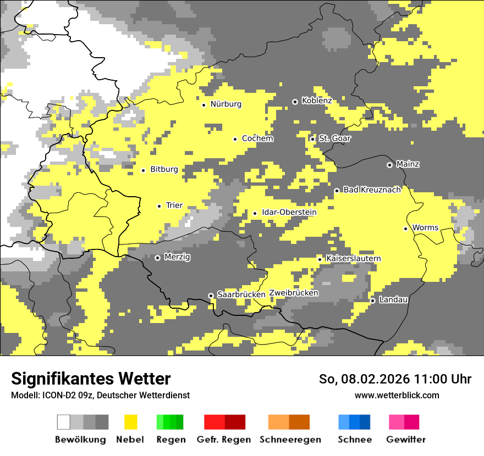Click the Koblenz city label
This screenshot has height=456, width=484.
(x=317, y=101)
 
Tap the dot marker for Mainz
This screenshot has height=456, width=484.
(x=390, y=165)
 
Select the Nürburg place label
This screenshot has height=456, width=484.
(x=226, y=104)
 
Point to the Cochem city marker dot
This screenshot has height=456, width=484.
(x=235, y=139)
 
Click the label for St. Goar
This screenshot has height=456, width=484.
(x=334, y=138)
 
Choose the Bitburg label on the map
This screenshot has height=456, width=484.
(x=164, y=169)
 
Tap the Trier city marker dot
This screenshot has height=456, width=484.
(x=159, y=206)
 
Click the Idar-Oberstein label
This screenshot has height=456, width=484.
(x=289, y=212)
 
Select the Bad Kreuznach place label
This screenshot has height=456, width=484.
(x=372, y=190)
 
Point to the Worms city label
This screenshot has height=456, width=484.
(x=425, y=227)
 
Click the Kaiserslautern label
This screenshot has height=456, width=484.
(x=353, y=258)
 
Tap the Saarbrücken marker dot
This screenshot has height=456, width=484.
(x=211, y=296)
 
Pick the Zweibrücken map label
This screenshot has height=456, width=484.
(x=294, y=293)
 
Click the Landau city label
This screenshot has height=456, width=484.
(x=393, y=299)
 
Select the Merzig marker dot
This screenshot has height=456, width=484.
(x=157, y=258)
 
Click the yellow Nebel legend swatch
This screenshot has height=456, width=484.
(x=130, y=422)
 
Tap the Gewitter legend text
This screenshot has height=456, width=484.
(x=406, y=440)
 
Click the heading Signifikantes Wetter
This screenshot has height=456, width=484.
(x=91, y=379)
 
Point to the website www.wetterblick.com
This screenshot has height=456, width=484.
(x=397, y=395)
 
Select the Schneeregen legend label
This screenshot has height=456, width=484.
(x=290, y=440)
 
